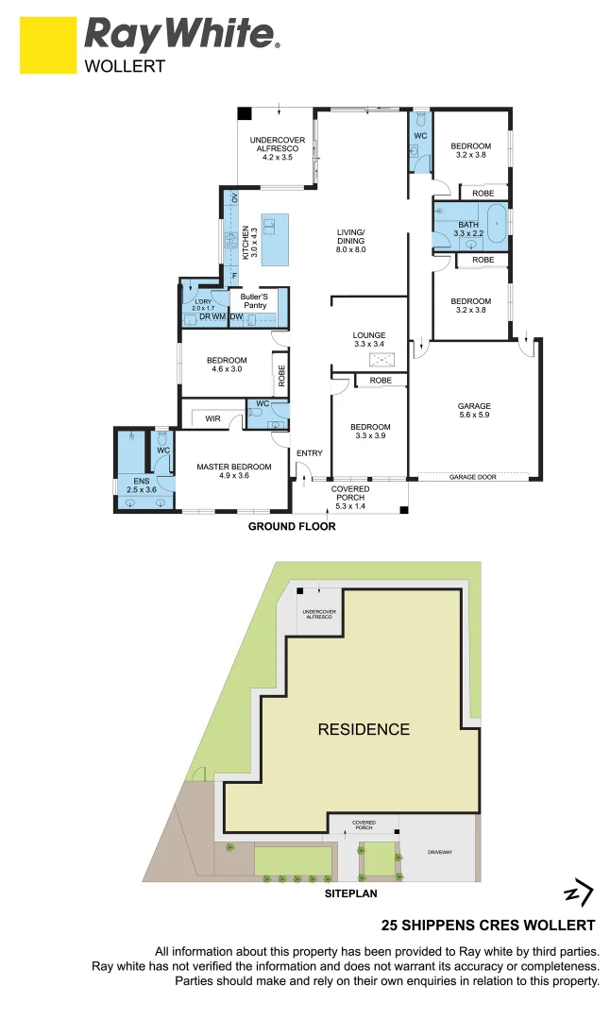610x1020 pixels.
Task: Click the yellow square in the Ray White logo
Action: tap(47, 44)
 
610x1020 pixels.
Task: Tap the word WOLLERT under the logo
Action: tap(125, 67)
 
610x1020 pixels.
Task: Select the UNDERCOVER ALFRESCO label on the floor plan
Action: tap(277, 149)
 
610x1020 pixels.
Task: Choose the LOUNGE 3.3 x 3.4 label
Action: tap(369, 339)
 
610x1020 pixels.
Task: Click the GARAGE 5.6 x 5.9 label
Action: tap(474, 412)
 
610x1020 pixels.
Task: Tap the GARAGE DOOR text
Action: tap(472, 478)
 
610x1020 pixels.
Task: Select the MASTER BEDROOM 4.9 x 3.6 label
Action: tap(233, 471)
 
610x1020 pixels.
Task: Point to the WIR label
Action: tap(212, 417)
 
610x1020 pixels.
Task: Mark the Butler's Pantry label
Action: tap(254, 300)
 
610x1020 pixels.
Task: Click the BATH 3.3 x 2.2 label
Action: tap(468, 229)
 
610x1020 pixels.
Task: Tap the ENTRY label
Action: tap(310, 453)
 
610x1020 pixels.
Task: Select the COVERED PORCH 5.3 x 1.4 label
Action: tap(349, 497)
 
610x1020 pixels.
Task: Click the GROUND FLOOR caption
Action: tap(292, 527)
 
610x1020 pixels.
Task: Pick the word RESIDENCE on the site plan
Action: tap(364, 729)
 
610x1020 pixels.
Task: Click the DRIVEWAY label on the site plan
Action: tap(440, 852)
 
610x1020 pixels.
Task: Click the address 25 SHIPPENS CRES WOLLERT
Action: tap(487, 926)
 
